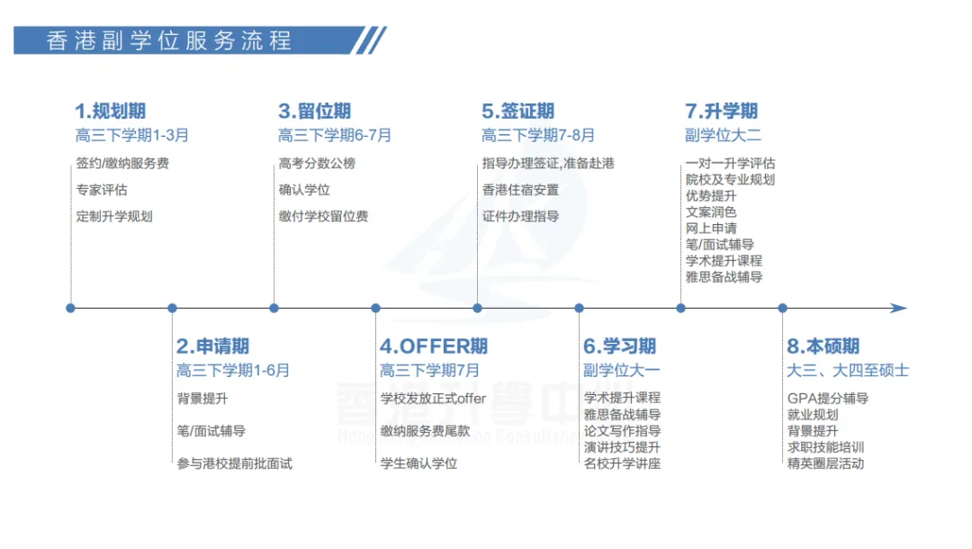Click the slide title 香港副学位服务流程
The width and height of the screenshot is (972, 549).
[168, 40]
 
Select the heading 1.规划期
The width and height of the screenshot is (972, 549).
[110, 112]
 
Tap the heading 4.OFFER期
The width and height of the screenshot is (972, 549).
[434, 346]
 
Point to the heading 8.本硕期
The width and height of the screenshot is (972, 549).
[823, 346]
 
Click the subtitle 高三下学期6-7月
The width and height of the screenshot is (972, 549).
[334, 136]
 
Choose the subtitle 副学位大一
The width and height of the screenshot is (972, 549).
[621, 370]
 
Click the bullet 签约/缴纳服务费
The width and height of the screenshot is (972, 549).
[122, 164]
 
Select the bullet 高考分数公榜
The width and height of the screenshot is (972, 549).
[317, 164]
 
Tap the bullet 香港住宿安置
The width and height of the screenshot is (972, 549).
[520, 190]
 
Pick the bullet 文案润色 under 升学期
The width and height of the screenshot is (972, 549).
[711, 211]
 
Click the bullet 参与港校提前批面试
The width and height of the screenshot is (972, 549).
[234, 463]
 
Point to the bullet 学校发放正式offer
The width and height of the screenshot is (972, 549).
[433, 399]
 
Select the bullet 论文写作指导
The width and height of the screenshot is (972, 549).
[622, 431]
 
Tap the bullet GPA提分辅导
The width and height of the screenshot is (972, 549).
[827, 399]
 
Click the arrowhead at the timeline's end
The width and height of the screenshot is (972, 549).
[898, 308]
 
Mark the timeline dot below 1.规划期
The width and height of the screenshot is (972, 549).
[71, 308]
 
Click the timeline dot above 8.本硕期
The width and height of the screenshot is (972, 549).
[782, 308]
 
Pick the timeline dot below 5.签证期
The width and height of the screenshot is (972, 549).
[478, 308]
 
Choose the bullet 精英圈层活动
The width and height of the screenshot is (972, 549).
[825, 463]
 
